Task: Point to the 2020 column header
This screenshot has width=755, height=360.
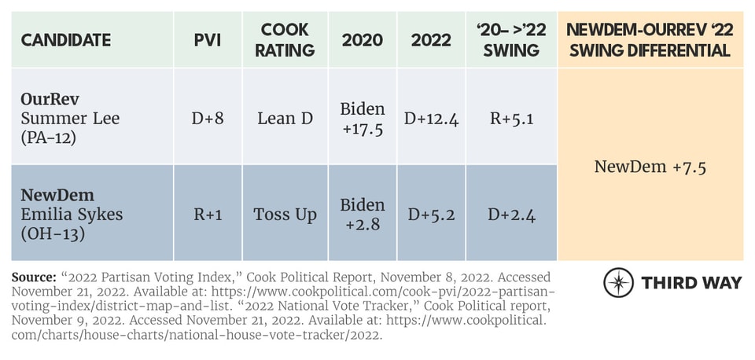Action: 363,39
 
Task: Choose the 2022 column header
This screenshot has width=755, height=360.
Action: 431,39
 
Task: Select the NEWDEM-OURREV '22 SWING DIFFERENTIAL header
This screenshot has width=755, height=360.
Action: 650,39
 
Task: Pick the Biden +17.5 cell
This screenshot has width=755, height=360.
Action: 363,118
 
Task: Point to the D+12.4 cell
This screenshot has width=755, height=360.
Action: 431,118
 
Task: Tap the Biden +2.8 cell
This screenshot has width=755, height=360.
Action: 363,215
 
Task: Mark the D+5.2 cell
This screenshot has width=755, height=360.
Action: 431,215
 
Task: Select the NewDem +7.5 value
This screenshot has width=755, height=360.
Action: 650,166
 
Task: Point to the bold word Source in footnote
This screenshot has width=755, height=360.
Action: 34,278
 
